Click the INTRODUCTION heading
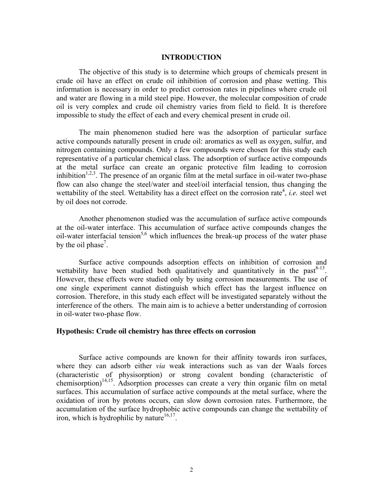(x=191, y=57)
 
